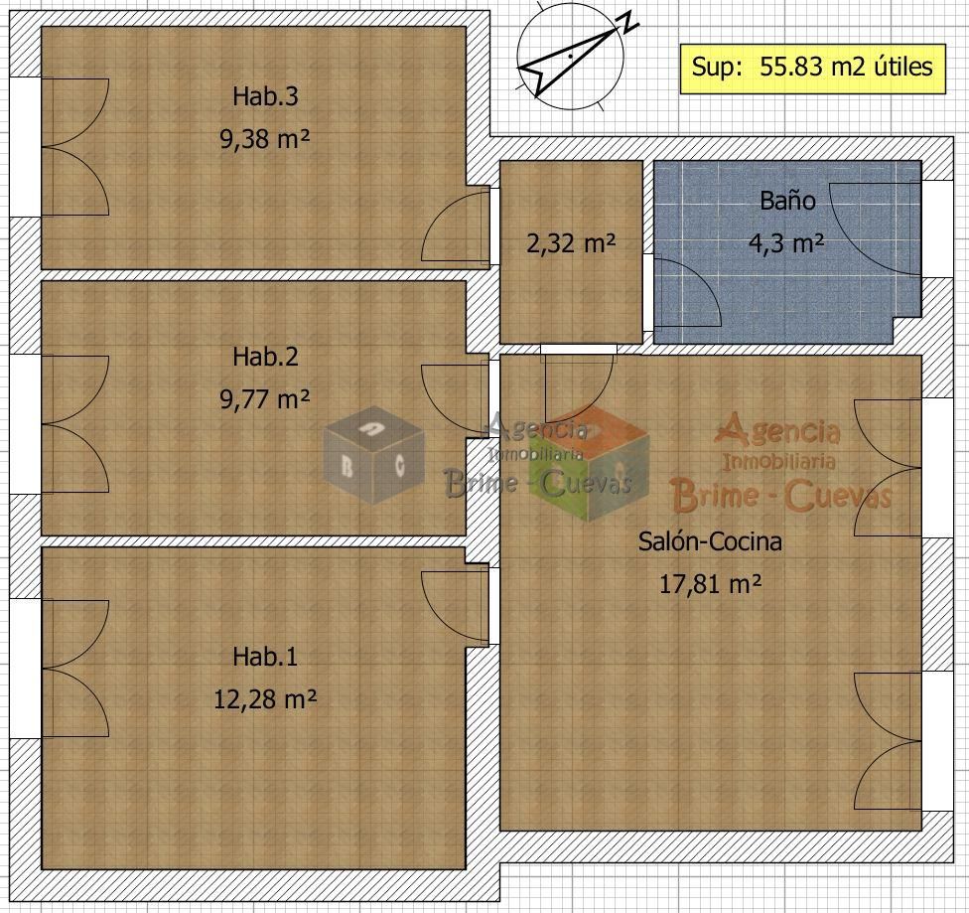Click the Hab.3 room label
(x=265, y=96)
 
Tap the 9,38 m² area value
(x=264, y=138)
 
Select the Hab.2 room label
(x=265, y=357)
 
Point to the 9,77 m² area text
(x=264, y=399)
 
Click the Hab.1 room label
(x=265, y=657)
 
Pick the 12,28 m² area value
(x=265, y=699)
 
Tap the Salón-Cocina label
(x=710, y=541)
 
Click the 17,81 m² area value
(x=710, y=583)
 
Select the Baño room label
(x=787, y=201)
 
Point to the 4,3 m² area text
(x=786, y=243)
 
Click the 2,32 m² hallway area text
(x=571, y=243)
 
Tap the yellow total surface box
(x=813, y=69)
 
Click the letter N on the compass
(x=629, y=23)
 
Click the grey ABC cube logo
(x=374, y=455)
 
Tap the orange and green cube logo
(x=589, y=464)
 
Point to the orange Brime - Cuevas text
(x=781, y=496)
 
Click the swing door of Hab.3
(x=456, y=227)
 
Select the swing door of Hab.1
(x=456, y=607)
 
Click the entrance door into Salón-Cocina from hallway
(x=579, y=386)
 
